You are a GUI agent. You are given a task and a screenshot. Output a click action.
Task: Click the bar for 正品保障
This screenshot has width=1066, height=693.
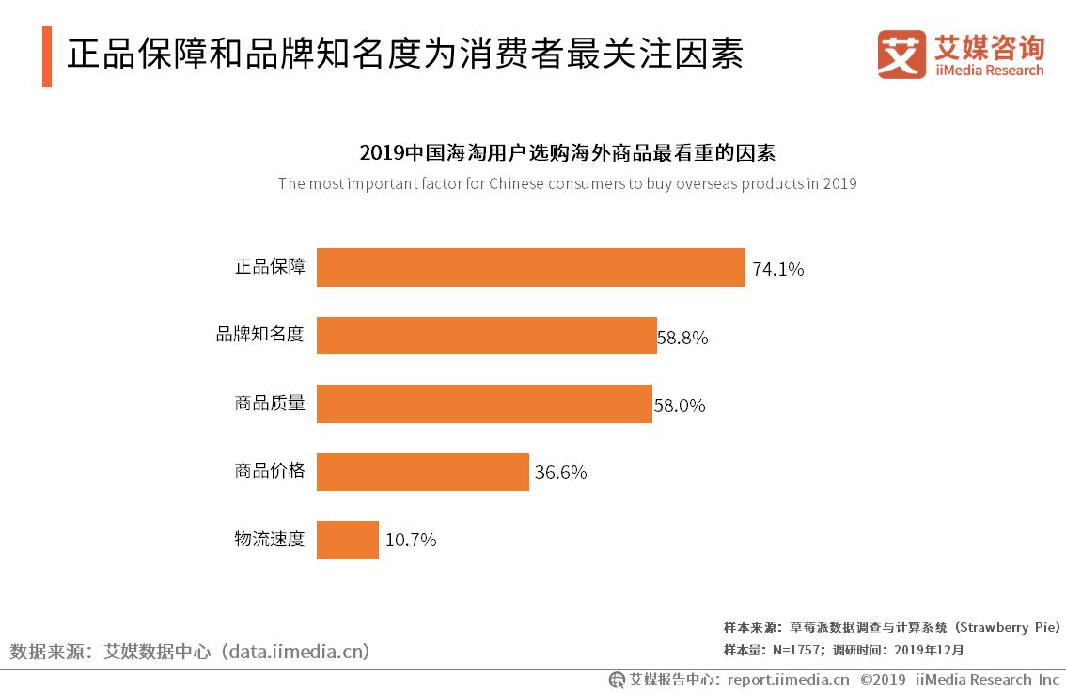coord(530,268)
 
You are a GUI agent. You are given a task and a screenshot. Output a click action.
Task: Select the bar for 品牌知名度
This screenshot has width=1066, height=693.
coord(486,336)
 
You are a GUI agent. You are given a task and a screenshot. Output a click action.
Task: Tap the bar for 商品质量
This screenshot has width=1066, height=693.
coord(484,403)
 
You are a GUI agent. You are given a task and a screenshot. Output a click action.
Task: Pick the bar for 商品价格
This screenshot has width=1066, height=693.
coord(422,471)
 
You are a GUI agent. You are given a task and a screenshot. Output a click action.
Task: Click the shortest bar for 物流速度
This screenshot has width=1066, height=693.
coord(347,540)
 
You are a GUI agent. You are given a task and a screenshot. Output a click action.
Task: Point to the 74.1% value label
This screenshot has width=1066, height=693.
coord(777,269)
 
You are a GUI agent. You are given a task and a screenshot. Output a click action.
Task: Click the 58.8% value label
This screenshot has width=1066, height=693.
coord(682,338)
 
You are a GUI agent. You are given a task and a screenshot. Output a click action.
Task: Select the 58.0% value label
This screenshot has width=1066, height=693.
coord(680,405)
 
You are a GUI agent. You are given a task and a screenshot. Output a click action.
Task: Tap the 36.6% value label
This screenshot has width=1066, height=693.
coord(560,472)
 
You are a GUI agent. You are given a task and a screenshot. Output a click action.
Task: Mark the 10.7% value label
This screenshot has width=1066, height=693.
coord(410,540)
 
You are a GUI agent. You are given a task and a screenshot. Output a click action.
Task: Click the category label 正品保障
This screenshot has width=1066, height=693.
coord(270,266)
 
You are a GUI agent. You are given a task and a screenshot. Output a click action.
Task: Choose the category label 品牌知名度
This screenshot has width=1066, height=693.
coord(260,334)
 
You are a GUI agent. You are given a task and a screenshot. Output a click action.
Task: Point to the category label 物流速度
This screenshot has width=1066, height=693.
coord(270,539)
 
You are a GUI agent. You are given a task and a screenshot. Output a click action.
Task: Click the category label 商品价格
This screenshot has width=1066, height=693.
coord(270,470)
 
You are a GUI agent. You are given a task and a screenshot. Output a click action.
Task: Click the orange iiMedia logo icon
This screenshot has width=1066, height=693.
coord(901,55)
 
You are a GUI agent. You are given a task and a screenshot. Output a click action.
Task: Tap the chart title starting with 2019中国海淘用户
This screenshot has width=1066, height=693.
coord(567,152)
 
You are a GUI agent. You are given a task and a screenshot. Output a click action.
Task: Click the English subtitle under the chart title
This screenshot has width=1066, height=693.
coord(567,183)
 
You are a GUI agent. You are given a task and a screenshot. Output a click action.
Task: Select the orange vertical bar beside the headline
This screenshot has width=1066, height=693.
coord(47,56)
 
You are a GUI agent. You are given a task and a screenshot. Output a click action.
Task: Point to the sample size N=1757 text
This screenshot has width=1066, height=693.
coord(798,650)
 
